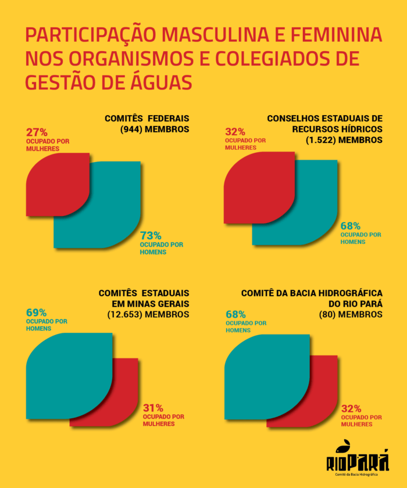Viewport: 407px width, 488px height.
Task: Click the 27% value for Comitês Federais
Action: (x=37, y=132)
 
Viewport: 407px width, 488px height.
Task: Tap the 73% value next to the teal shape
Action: (x=151, y=235)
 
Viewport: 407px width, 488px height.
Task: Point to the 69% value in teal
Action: (x=37, y=313)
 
